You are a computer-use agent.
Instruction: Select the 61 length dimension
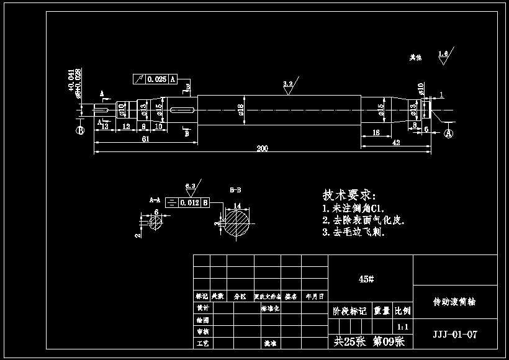[x=145, y=139]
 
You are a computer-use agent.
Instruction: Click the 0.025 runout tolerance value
[x=157, y=79]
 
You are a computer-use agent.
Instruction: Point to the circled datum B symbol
[x=80, y=130]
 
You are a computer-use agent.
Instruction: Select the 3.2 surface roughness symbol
[x=288, y=84]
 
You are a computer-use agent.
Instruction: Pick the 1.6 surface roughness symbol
[x=443, y=55]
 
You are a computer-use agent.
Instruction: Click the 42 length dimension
[x=395, y=142]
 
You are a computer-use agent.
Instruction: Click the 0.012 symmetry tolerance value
[x=189, y=203]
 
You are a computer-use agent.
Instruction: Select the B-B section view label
[x=236, y=188]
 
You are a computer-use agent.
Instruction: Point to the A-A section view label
[x=155, y=200]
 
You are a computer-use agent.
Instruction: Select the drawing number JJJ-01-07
[x=455, y=335]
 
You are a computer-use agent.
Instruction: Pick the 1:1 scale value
[x=402, y=326]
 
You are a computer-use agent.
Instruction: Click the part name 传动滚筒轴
[x=454, y=302]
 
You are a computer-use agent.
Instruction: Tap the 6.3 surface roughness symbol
[x=191, y=186]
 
